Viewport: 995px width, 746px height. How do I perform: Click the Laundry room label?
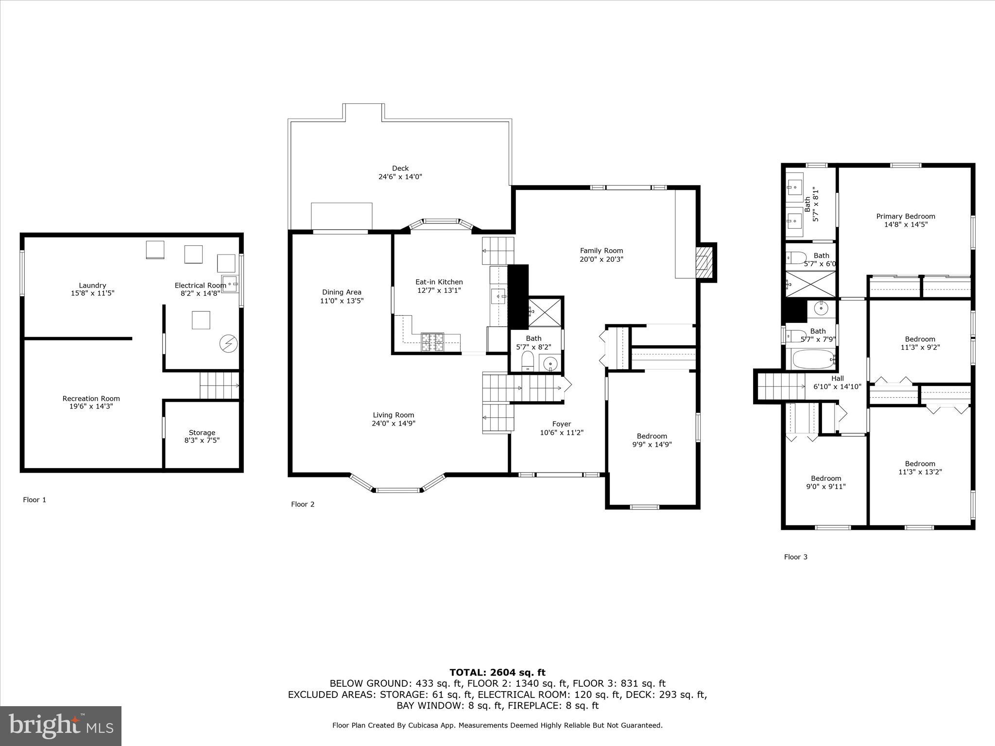92,286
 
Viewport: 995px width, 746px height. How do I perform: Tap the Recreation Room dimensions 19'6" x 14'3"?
91,407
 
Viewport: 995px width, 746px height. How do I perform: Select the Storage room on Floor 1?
202,436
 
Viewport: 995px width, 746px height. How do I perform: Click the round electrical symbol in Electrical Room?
228,343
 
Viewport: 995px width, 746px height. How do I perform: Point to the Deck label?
400,169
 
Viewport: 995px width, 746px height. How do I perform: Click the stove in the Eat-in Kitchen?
432,341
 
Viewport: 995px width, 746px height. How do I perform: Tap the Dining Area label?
342,292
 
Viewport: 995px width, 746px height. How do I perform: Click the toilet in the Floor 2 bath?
527,361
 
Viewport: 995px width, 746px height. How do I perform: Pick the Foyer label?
562,424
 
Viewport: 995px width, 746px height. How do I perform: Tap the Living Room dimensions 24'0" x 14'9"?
393,424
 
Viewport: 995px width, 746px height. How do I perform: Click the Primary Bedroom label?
905,217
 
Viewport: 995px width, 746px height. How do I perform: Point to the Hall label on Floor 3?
837,378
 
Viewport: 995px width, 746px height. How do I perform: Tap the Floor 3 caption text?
795,557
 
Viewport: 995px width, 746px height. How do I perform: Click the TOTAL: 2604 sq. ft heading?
497,673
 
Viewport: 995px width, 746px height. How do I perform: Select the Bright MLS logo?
61,726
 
